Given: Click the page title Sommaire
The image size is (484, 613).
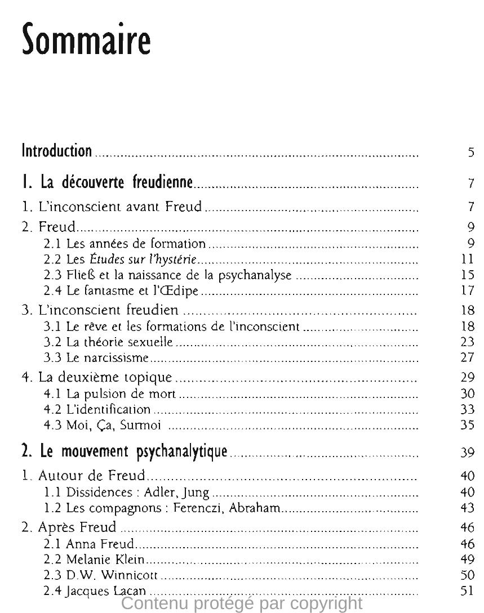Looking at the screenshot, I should tap(86, 40).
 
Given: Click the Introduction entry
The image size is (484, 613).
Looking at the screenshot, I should tap(56, 151).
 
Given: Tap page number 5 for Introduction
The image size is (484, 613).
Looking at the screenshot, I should tap(470, 152).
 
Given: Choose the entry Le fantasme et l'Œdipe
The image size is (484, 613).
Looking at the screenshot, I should tap(122, 291).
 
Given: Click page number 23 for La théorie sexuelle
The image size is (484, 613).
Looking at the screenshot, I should tap(468, 342).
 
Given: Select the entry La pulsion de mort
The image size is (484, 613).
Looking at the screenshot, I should tap(110, 393).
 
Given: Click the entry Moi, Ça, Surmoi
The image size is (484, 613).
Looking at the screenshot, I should tap(103, 425).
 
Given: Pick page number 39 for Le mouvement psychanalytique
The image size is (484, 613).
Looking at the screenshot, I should tap(468, 453).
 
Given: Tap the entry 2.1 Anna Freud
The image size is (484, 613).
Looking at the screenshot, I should tap(89, 544).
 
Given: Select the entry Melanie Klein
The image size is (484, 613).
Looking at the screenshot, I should tap(94, 560).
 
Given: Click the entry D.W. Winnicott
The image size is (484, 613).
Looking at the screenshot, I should tap(101, 575).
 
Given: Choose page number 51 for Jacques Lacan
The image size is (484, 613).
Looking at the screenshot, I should tap(468, 590).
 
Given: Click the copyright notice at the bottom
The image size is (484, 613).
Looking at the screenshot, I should tap(242, 604).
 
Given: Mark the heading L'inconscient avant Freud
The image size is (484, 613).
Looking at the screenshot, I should tap(112, 207).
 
